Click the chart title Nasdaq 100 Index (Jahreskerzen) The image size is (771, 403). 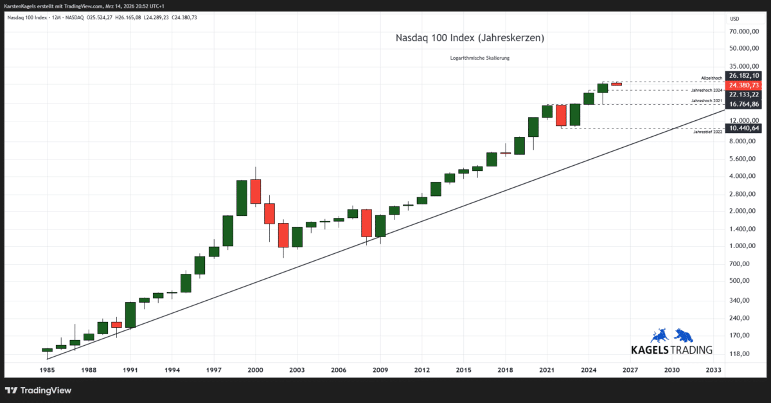coord(470,39)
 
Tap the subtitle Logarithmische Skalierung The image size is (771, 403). coord(480,58)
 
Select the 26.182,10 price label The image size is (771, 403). coord(744,76)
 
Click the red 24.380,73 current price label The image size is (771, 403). coord(744,85)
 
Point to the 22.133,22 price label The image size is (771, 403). coord(744,94)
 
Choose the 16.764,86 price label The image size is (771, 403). coord(744,104)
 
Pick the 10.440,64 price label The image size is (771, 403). coord(744,128)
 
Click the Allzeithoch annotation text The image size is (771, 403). coord(712,78)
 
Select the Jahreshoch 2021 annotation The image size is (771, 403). coord(707,101)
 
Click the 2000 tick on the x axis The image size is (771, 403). coord(256,370)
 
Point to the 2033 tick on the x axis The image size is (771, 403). coord(713,370)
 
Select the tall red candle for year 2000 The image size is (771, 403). coord(256,191)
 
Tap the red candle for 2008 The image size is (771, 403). coord(367,223)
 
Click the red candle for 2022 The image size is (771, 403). coord(561,115)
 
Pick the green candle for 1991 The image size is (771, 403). coord(130,315)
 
